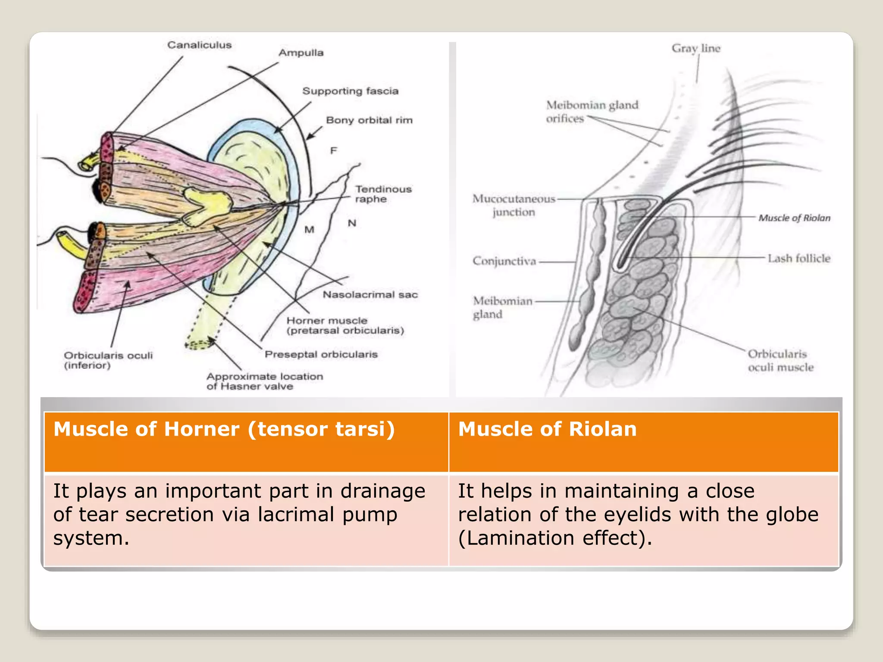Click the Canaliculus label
[199, 45]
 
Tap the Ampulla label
[301, 53]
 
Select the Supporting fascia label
[350, 91]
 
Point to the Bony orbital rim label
[369, 120]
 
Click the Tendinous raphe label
[383, 194]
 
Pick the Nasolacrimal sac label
[370, 295]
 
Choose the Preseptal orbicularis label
[321, 354]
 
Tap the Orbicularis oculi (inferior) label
[108, 360]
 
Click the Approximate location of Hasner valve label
[265, 381]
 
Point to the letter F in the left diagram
[333, 151]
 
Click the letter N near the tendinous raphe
[352, 223]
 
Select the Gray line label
[696, 48]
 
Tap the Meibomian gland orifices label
[592, 112]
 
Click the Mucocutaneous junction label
[514, 205]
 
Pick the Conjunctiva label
[504, 261]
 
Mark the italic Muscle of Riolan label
[794, 218]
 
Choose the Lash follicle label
[799, 259]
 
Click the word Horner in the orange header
[201, 429]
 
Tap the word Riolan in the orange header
[602, 429]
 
